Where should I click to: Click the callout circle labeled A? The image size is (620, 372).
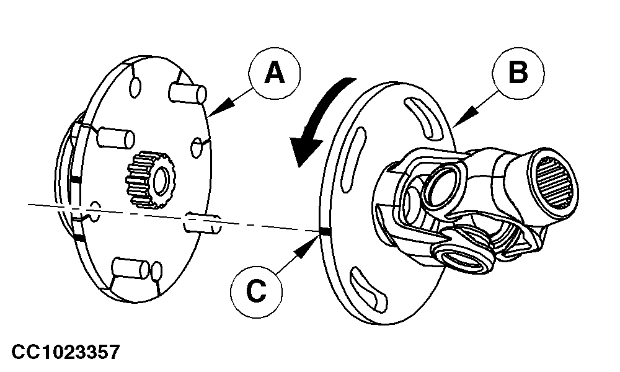[275, 74]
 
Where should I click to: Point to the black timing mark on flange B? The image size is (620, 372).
[324, 232]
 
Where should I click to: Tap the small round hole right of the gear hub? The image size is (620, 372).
[196, 149]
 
